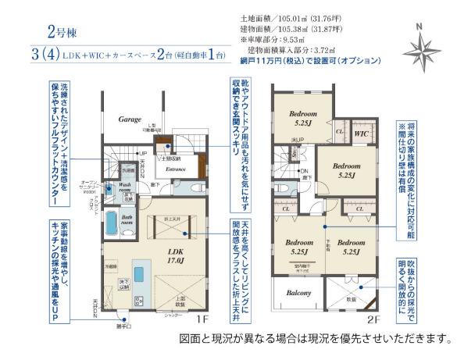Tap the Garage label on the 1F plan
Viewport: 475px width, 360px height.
tap(129, 121)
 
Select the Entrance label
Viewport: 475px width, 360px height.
tap(173, 168)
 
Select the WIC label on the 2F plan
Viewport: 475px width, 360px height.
tap(362, 134)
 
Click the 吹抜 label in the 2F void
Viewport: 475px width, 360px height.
tap(351, 298)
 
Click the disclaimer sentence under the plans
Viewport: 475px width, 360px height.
tap(315, 339)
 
